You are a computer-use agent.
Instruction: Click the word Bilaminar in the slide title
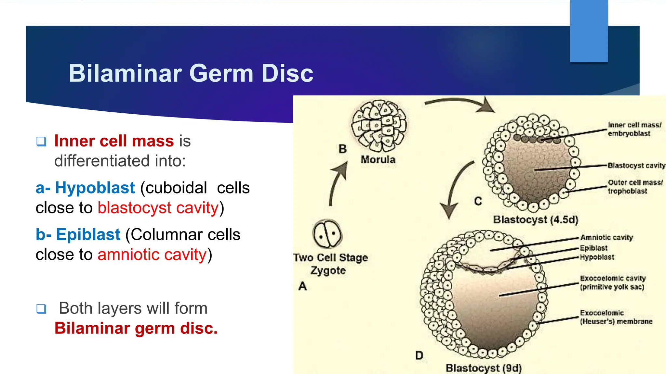tap(125, 73)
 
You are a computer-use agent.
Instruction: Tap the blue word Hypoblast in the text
tap(95, 188)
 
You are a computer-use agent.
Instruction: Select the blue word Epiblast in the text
tap(88, 234)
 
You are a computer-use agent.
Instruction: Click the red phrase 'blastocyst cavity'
tap(158, 208)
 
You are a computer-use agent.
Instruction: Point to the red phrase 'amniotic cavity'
tap(152, 255)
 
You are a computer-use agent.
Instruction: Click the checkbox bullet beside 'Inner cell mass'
tap(41, 142)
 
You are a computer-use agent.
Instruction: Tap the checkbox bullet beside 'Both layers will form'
tap(41, 308)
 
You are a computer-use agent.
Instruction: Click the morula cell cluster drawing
tap(379, 126)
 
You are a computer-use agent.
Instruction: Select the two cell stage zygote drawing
tap(327, 234)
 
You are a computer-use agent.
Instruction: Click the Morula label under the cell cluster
tap(378, 160)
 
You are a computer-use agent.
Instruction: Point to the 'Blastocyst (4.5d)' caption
tap(536, 220)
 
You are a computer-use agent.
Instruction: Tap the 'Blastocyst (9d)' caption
tap(484, 368)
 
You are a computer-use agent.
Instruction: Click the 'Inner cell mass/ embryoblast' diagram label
tap(634, 129)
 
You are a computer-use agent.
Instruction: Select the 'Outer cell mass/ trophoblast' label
tap(635, 187)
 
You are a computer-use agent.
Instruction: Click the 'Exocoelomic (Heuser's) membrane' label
tap(616, 317)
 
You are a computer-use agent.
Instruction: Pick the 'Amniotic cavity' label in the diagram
tap(606, 238)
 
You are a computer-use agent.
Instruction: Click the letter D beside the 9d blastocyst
tap(419, 355)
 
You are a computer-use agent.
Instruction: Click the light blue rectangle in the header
tap(589, 31)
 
